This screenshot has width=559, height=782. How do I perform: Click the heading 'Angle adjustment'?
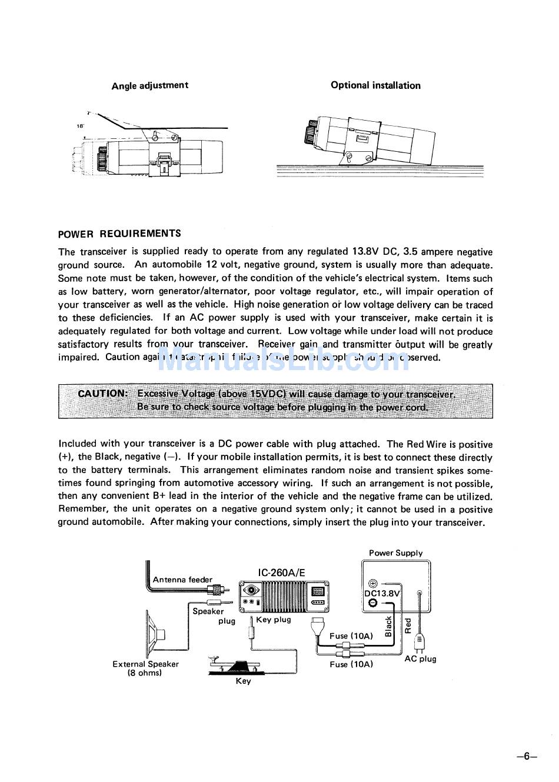pyautogui.click(x=150, y=85)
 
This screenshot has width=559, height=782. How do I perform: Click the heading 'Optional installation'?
pyautogui.click(x=375, y=85)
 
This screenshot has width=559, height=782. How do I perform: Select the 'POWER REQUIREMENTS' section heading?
pyautogui.click(x=119, y=234)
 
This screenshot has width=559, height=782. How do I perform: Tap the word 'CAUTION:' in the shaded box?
pyautogui.click(x=102, y=394)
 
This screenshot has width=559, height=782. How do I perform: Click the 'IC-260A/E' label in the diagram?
pyautogui.click(x=282, y=573)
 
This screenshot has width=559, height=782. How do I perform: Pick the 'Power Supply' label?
pyautogui.click(x=395, y=553)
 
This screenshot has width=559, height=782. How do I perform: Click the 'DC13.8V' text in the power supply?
pyautogui.click(x=382, y=594)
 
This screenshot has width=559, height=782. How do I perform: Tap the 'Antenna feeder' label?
pyautogui.click(x=182, y=580)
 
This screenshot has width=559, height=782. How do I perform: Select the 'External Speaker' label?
pyautogui.click(x=145, y=664)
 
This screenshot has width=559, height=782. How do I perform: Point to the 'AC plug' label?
pyautogui.click(x=420, y=659)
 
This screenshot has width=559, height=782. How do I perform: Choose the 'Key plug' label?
pyautogui.click(x=274, y=620)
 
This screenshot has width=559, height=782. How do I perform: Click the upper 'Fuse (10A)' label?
pyautogui.click(x=351, y=636)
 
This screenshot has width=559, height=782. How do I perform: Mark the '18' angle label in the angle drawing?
pyautogui.click(x=80, y=126)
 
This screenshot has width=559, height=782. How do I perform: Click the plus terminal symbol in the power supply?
pyautogui.click(x=372, y=583)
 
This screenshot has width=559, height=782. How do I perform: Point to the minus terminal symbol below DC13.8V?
pyautogui.click(x=372, y=604)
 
